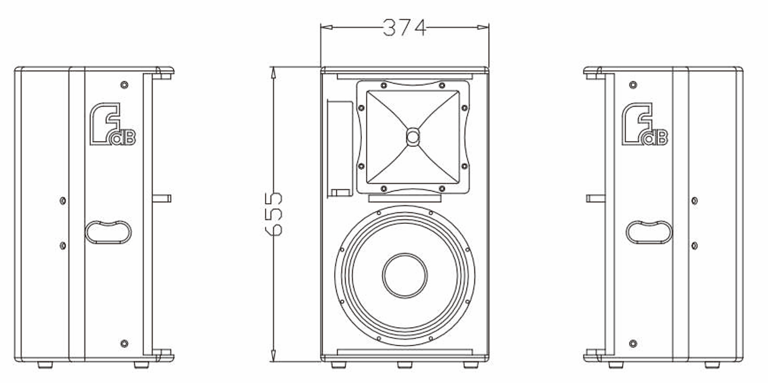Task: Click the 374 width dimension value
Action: (x=404, y=27)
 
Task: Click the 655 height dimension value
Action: (x=274, y=214)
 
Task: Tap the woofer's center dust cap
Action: (x=405, y=275)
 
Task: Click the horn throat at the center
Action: (x=413, y=137)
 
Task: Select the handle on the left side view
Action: (x=108, y=232)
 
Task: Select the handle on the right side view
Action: (x=649, y=232)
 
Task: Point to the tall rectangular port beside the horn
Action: (x=340, y=148)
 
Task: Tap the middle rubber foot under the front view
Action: (x=404, y=365)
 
